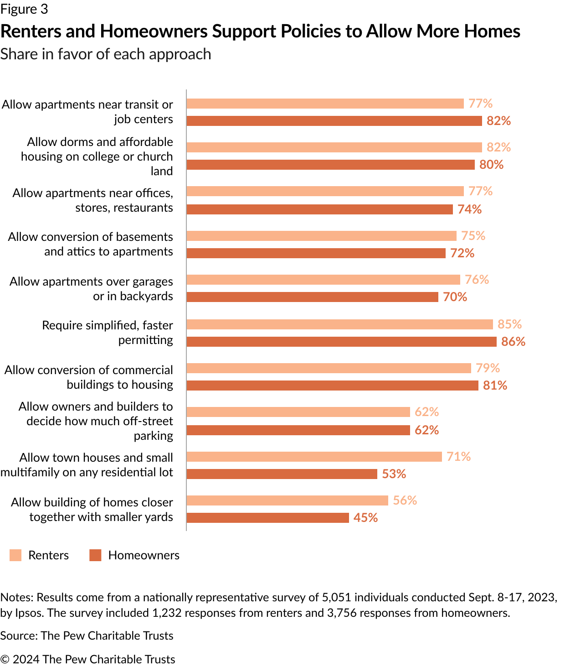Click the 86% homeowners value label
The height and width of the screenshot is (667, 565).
pyautogui.click(x=513, y=342)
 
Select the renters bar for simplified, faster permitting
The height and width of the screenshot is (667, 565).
pyautogui.click(x=339, y=324)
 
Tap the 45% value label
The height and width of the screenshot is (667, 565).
pyautogui.click(x=365, y=518)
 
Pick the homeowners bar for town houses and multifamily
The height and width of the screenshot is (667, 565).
pyautogui.click(x=282, y=474)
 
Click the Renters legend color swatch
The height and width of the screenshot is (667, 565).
pyautogui.click(x=15, y=555)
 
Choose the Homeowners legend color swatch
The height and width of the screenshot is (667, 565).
pyautogui.click(x=95, y=555)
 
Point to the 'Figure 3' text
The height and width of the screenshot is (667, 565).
pyautogui.click(x=24, y=9)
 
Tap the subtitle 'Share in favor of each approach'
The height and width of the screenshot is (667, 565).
pyautogui.click(x=106, y=54)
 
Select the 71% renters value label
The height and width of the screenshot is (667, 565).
pyautogui.click(x=458, y=457)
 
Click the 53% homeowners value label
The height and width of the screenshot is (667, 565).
pyautogui.click(x=394, y=474)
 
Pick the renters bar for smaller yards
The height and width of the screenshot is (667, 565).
pyautogui.click(x=287, y=500)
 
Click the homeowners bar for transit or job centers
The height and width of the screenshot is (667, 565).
pyautogui.click(x=334, y=121)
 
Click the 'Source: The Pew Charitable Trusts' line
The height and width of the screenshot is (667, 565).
pyautogui.click(x=87, y=636)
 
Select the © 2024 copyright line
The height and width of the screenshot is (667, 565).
pyautogui.click(x=87, y=659)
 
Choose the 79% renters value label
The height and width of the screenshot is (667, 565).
pyautogui.click(x=488, y=368)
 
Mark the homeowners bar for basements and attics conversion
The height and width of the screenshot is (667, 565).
pyautogui.click(x=316, y=253)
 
